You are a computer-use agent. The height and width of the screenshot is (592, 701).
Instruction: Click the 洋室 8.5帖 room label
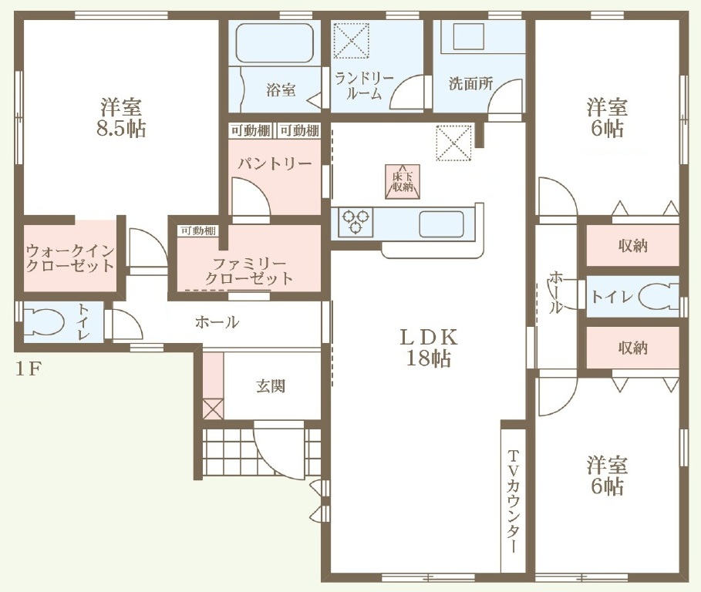(121, 117)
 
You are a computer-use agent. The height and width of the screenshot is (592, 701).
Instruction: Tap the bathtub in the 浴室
(274, 42)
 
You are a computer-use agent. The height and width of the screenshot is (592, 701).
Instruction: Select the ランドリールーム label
(364, 86)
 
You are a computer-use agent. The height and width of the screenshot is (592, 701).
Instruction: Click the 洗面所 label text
(470, 83)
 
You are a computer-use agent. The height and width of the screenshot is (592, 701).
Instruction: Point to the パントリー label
(275, 164)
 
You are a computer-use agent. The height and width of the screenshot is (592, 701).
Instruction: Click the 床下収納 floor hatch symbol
(403, 182)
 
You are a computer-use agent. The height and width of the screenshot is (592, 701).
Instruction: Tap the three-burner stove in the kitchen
(356, 221)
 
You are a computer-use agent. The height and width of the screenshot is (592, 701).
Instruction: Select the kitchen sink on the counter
(441, 224)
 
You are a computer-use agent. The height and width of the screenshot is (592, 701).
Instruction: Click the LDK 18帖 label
(428, 348)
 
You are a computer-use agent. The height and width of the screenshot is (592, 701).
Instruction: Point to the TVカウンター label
(514, 501)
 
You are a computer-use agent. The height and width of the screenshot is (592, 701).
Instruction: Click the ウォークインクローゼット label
(70, 258)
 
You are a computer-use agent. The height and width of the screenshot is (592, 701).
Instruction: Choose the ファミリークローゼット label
(249, 271)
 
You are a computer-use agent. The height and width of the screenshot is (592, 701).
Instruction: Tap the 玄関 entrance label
(271, 386)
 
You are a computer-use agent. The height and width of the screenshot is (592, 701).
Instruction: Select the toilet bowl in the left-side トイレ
(44, 321)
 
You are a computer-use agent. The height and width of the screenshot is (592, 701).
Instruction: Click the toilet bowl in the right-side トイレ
(659, 297)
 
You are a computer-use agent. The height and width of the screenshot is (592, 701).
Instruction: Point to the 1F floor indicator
(29, 369)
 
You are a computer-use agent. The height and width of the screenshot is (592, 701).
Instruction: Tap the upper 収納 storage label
(632, 246)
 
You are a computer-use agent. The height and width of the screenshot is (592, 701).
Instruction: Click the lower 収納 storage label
(632, 348)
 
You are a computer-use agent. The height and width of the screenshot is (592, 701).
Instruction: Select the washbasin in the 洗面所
(469, 37)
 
